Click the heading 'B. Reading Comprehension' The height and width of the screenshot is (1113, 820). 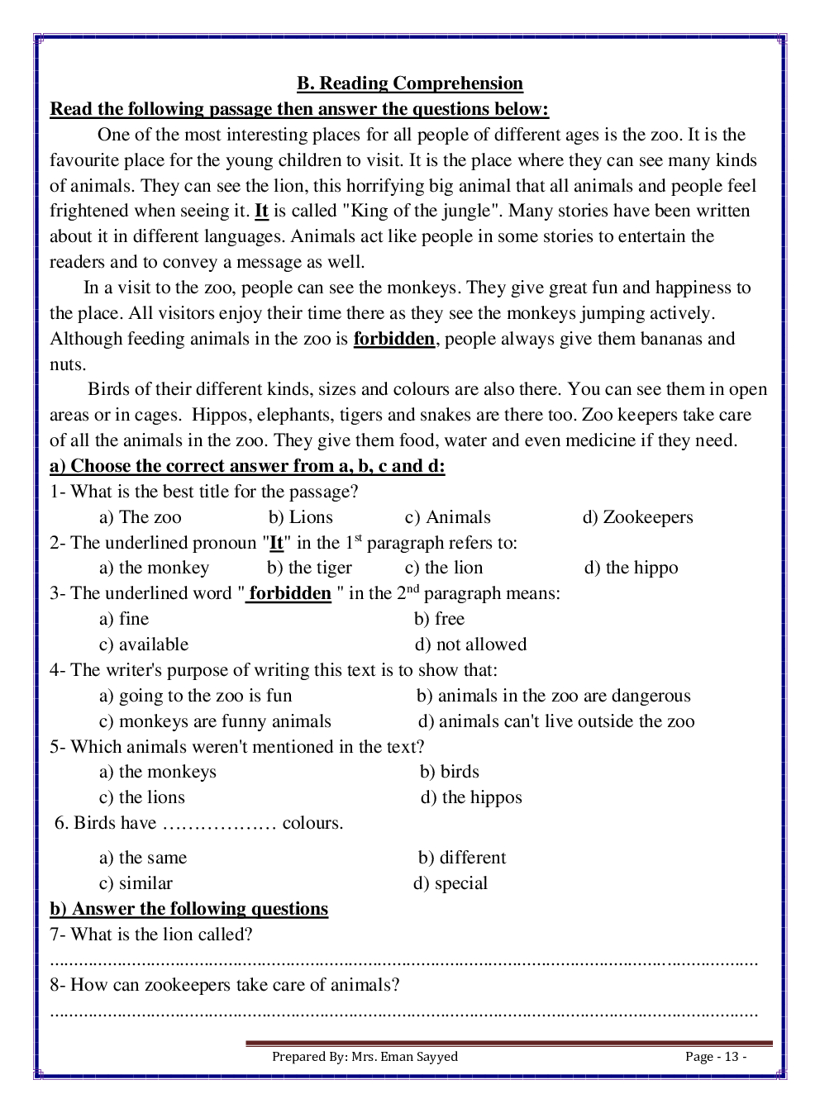point(410,83)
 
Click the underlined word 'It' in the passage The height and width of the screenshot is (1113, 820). point(261,211)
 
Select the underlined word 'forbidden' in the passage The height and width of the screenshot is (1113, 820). point(394,339)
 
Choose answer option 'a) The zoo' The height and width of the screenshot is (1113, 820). point(141,517)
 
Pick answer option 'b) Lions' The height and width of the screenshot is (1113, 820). point(301,517)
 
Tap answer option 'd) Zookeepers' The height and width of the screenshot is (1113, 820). point(637,517)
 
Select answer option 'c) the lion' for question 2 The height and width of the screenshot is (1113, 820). point(444,568)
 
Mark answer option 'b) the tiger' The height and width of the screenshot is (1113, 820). point(309,568)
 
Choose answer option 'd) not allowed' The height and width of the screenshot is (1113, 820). point(470,644)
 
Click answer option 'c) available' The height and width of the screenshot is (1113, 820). point(144,644)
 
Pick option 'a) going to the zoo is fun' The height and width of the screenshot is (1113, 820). point(196,696)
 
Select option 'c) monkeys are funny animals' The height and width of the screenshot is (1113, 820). point(215,721)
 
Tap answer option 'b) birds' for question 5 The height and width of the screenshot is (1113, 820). point(450,772)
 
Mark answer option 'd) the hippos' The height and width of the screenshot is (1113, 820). point(471,797)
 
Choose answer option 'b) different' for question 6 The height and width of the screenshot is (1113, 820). point(462,858)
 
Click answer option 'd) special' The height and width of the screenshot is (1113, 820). point(451,883)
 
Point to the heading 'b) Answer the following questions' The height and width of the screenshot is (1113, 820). point(189,909)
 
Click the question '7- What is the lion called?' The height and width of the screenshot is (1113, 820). point(151,935)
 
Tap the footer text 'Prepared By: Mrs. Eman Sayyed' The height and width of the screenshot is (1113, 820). point(365,1057)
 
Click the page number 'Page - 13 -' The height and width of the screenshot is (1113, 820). point(716,1057)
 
